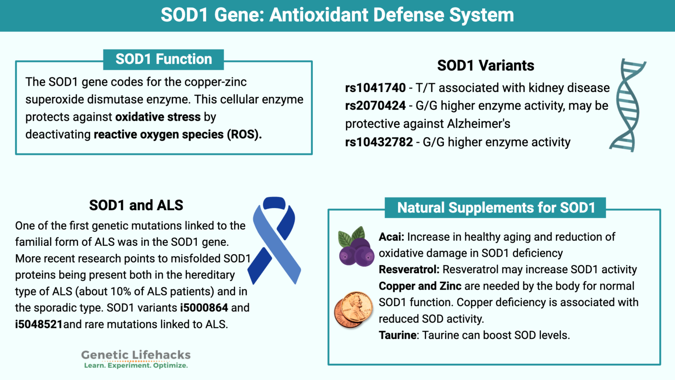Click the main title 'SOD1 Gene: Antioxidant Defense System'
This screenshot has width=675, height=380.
pos(337,15)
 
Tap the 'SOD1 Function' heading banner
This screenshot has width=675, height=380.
pos(163,59)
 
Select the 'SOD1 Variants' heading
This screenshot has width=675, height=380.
pos(486,66)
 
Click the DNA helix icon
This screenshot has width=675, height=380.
pos(628,106)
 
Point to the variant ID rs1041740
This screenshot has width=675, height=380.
pos(375,88)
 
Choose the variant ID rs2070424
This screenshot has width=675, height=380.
pos(375,106)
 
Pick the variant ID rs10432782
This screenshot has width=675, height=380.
pos(379,142)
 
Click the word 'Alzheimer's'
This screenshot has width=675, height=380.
pos(479,124)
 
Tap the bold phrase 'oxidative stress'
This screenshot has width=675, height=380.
pos(158,117)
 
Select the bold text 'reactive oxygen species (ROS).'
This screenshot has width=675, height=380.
pos(178,135)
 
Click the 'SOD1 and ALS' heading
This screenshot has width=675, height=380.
pos(136,205)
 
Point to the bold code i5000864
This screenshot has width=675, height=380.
pos(204,308)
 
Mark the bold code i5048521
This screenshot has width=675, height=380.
pos(39,325)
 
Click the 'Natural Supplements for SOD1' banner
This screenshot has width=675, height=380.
pos(496,208)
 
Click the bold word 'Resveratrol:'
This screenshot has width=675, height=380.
pos(409,270)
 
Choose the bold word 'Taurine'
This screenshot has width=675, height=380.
pos(398,336)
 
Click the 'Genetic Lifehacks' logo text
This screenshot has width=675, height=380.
pos(136,355)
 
